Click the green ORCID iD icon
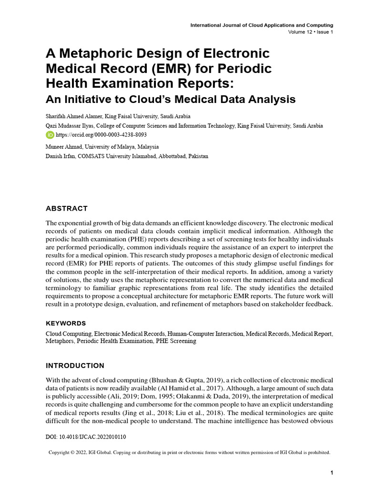coord(50,135)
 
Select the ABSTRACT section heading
coord(66,208)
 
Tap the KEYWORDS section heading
coord(66,323)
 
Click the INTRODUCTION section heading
coord(75,366)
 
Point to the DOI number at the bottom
coord(86,437)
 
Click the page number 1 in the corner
coord(331,472)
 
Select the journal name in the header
coord(262,25)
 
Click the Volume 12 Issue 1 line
coord(310,32)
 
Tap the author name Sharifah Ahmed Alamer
coord(75,116)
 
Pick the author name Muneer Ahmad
coord(66,147)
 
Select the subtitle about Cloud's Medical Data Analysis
coord(170,100)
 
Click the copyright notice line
coord(190,452)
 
